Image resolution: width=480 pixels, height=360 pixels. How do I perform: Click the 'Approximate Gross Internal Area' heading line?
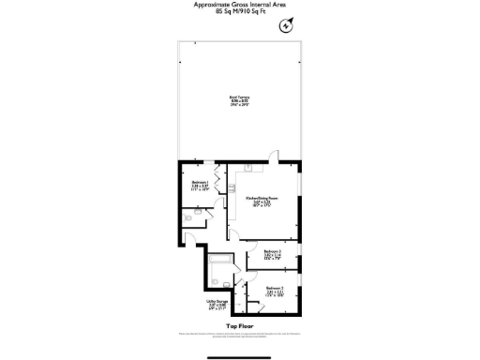pos(239,5)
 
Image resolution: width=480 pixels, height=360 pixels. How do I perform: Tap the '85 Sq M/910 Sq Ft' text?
pos(239,13)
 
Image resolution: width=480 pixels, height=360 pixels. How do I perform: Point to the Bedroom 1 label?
pos(200,185)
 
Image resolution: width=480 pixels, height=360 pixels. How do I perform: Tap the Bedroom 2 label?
pos(274,292)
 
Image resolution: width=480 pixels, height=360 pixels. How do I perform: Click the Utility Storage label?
pos(217,304)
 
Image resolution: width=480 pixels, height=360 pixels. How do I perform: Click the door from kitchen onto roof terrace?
pos(273,157)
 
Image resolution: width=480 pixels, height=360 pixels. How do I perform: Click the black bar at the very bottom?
pos(239,353)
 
